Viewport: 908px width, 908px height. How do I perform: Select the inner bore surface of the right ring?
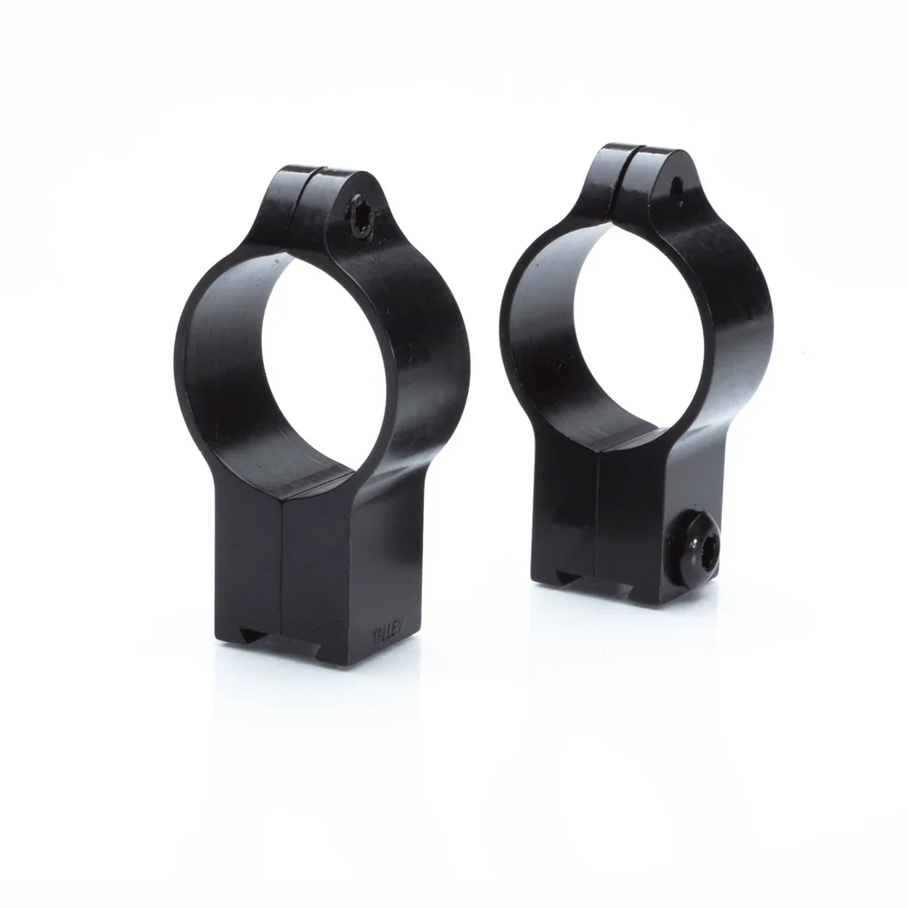click(x=545, y=340)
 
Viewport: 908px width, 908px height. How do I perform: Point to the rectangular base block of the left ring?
click(x=340, y=579)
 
